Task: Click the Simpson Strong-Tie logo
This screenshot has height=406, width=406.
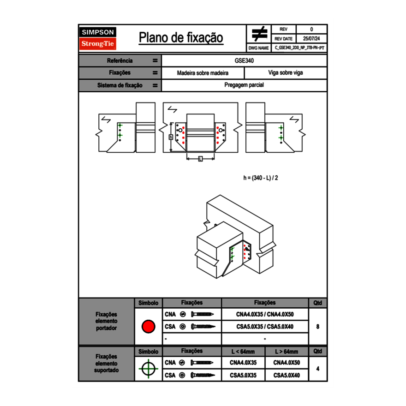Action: click(x=98, y=38)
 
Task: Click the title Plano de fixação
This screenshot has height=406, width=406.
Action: click(x=181, y=37)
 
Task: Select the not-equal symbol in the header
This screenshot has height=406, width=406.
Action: click(x=259, y=34)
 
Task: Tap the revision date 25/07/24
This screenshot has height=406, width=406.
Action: click(x=311, y=39)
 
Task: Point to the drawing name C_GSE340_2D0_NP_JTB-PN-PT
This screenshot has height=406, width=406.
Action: click(x=299, y=48)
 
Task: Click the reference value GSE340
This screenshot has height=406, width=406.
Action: click(x=245, y=60)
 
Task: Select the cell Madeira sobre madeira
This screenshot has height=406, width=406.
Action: click(x=203, y=73)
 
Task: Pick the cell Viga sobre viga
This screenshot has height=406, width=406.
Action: click(x=286, y=73)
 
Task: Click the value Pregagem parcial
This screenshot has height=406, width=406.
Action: click(x=245, y=85)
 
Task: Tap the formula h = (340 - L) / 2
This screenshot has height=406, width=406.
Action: click(x=261, y=178)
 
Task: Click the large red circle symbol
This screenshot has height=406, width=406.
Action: click(x=148, y=327)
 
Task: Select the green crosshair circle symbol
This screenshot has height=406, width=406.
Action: click(x=148, y=369)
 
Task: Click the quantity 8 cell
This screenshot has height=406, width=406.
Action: click(x=318, y=327)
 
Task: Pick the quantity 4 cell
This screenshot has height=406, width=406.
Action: click(x=318, y=369)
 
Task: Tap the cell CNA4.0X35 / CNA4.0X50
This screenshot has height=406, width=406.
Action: click(x=265, y=315)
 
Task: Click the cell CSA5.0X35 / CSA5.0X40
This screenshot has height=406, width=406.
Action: click(x=265, y=327)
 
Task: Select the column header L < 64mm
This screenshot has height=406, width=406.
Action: click(x=243, y=352)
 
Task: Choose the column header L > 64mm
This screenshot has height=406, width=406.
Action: click(x=287, y=352)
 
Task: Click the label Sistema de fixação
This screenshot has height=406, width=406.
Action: click(x=120, y=85)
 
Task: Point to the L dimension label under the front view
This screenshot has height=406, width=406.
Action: click(x=200, y=159)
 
